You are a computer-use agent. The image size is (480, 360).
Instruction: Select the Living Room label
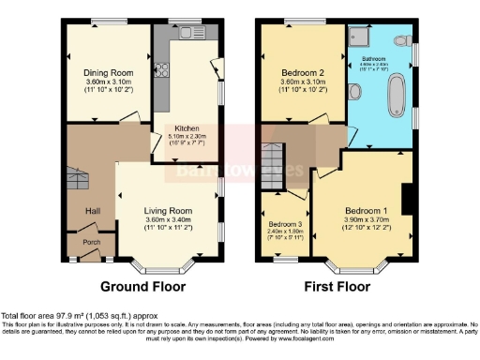(168, 210)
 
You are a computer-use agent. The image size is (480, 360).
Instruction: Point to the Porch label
(92, 240)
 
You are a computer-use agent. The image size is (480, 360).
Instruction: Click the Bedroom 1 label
(365, 210)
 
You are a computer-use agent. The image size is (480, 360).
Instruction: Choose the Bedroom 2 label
(302, 72)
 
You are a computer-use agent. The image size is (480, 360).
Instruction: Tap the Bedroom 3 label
(285, 225)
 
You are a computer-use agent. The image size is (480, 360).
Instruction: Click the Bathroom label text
(380, 57)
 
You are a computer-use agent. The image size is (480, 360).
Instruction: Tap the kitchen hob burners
(159, 73)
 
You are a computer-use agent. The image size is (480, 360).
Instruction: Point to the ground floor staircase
(79, 177)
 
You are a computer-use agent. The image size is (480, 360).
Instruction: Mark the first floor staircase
(274, 165)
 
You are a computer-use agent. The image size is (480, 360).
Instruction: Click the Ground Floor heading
(142, 287)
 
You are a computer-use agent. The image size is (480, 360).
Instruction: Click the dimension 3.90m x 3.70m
(365, 219)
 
